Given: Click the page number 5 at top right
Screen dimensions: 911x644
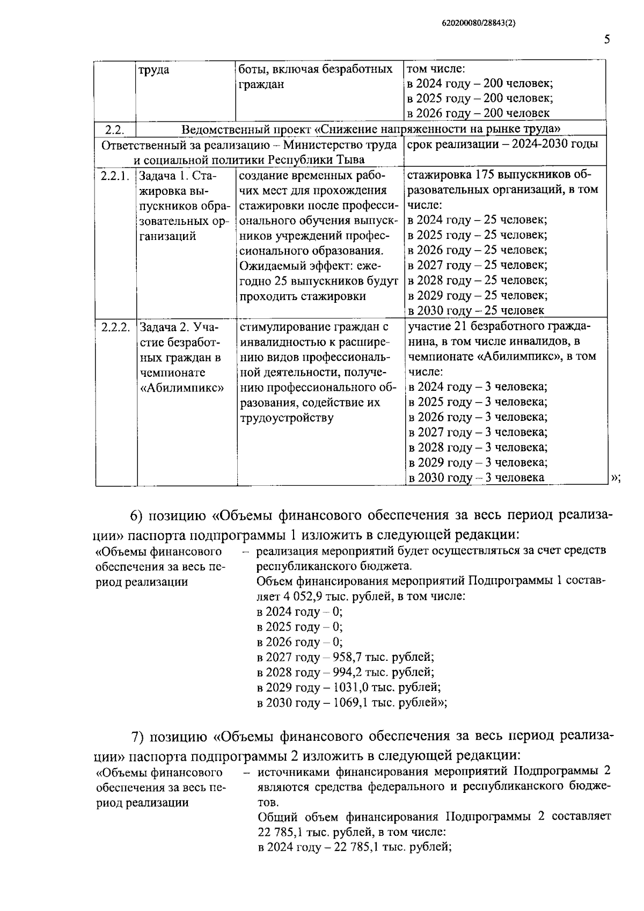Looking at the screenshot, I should pyautogui.click(x=607, y=40).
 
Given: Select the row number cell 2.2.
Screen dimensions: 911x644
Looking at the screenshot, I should pyautogui.click(x=114, y=129).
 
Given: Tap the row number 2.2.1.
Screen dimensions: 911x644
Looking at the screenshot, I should pyautogui.click(x=115, y=176).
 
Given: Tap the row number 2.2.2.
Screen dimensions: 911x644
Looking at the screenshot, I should pyautogui.click(x=115, y=327).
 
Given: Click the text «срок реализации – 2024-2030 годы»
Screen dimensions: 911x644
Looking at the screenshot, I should pyautogui.click(x=503, y=144).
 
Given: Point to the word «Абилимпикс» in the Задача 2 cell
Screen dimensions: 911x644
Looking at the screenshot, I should pyautogui.click(x=181, y=387).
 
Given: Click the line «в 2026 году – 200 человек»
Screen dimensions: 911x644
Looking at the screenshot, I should pyautogui.click(x=478, y=113).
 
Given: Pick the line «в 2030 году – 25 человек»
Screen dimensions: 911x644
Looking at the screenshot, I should pyautogui.click(x=475, y=310).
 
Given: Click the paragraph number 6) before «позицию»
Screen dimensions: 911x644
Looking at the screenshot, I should pyautogui.click(x=136, y=515).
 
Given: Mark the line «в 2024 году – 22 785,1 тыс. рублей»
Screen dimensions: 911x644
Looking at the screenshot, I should pyautogui.click(x=354, y=847).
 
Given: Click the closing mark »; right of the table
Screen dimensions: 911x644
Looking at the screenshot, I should pyautogui.click(x=616, y=478).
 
